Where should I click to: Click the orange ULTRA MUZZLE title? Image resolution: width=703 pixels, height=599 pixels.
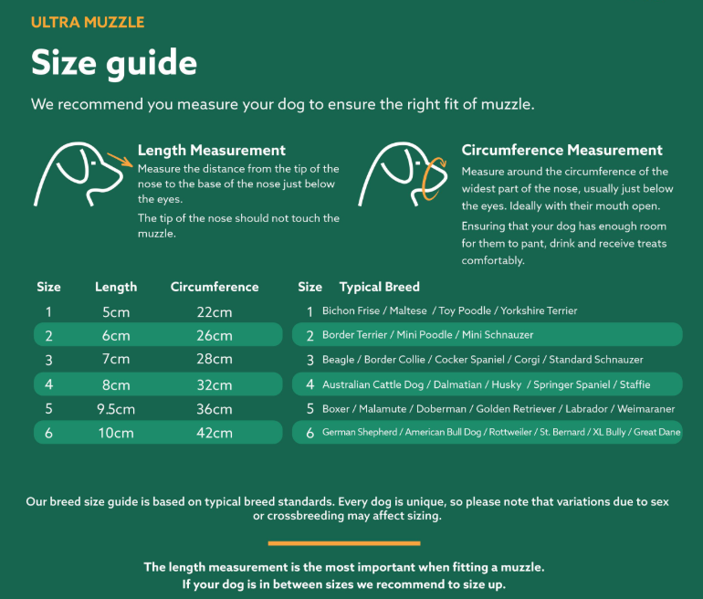coord(88,22)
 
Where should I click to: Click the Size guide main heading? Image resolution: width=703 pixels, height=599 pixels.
coord(114,63)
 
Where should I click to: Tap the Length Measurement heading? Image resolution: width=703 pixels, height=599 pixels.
coord(212,150)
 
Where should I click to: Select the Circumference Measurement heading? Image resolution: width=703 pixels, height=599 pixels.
coord(561,150)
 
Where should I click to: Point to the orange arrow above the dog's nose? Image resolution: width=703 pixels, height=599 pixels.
coord(120,160)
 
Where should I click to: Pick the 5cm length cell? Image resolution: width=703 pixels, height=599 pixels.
coord(116,312)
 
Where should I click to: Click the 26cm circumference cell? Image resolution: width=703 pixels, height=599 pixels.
coord(215,335)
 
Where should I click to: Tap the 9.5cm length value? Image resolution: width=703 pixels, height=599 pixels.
coord(116,409)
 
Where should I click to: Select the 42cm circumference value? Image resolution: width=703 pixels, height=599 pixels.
coord(215,433)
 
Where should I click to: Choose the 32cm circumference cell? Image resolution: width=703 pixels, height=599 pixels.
coord(215,384)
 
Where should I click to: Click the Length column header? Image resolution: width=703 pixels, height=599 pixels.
coord(116,287)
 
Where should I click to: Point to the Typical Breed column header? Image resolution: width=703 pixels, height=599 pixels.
coord(379,287)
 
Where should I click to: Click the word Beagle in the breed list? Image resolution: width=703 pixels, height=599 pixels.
coord(338,360)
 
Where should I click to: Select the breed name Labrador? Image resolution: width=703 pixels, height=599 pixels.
coord(586,409)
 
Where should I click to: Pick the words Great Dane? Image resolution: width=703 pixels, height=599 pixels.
coord(656,432)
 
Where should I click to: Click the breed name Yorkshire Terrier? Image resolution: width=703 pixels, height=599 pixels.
coord(539,310)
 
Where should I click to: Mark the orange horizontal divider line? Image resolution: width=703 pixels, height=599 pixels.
coord(344,543)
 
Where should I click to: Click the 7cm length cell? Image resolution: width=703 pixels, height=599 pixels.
coord(116,359)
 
